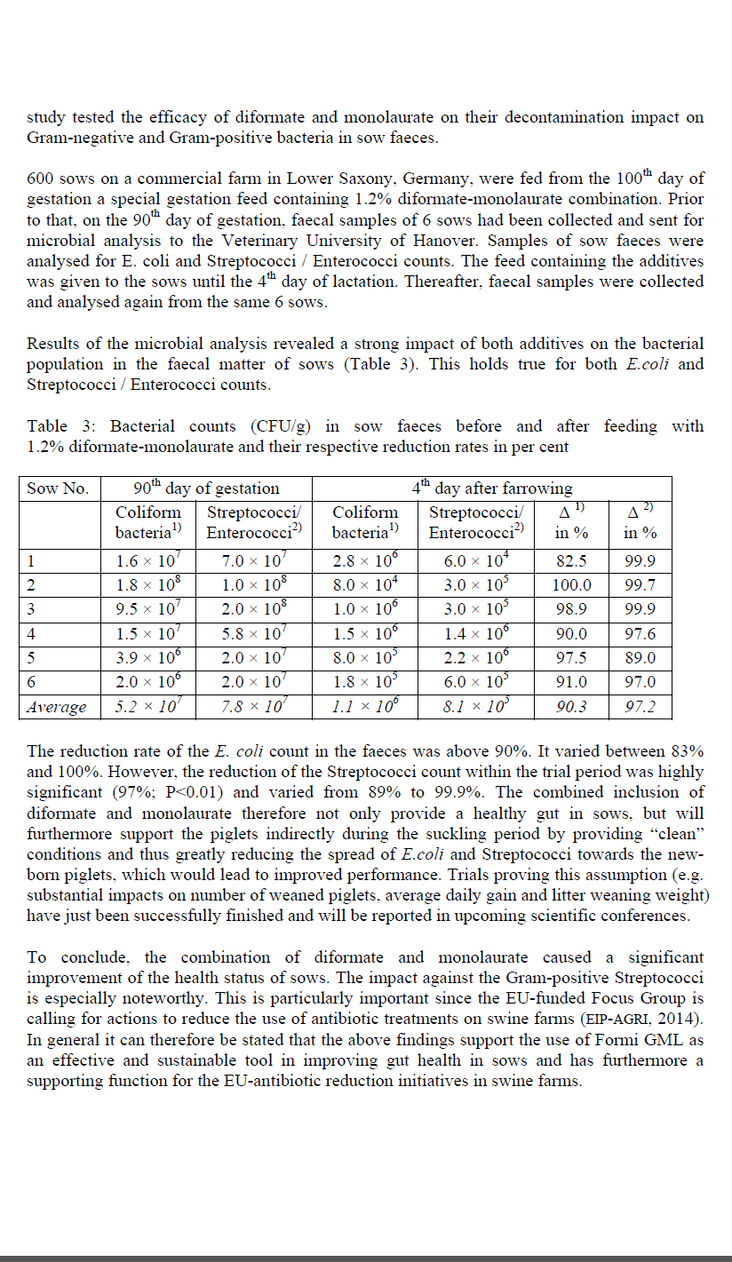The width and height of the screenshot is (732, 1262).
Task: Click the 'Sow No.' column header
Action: click(x=58, y=488)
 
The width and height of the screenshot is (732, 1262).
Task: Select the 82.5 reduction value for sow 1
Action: click(x=571, y=561)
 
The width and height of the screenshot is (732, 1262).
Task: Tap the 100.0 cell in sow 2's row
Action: click(x=571, y=585)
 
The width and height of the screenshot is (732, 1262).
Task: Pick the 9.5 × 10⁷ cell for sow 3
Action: click(x=148, y=610)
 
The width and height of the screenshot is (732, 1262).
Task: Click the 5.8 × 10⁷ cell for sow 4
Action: click(x=255, y=634)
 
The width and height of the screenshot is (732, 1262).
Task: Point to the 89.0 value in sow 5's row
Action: click(x=640, y=658)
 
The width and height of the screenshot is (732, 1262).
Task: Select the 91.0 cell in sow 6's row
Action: click(x=571, y=682)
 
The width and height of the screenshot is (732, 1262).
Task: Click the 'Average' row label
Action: click(x=57, y=707)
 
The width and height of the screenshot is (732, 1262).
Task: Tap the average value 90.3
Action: click(x=571, y=707)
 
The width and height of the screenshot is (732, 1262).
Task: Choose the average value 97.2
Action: click(x=640, y=707)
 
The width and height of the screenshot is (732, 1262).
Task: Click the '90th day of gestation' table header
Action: click(x=206, y=488)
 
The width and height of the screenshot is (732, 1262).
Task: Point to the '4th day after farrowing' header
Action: click(x=492, y=488)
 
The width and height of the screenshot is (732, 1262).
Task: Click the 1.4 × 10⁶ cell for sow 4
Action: click(x=476, y=634)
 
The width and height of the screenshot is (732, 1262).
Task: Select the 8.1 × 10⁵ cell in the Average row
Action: click(x=476, y=707)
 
